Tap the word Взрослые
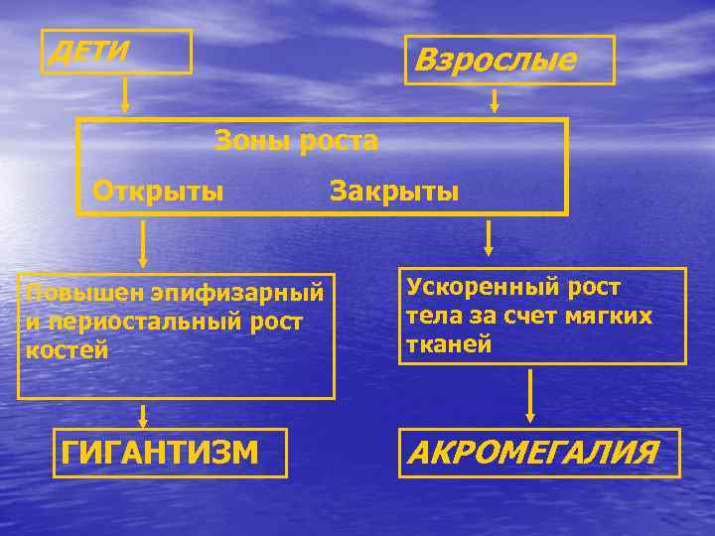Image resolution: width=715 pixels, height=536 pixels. [495, 61]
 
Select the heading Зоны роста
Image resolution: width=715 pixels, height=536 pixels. [297, 141]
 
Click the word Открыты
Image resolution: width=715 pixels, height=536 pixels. [158, 190]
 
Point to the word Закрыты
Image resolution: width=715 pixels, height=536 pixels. [394, 190]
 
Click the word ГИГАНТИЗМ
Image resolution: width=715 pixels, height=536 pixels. [160, 453]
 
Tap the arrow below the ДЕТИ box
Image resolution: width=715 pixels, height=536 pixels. [125, 93]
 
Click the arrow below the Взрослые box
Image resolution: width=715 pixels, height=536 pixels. [494, 99]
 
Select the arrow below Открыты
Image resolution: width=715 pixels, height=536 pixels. [143, 243]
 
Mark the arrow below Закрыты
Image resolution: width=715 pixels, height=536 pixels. [488, 239]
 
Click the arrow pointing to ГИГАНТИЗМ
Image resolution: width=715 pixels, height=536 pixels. [143, 416]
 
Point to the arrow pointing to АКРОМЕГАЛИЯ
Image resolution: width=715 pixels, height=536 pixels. [530, 396]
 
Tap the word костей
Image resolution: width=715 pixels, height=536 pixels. [64, 351]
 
